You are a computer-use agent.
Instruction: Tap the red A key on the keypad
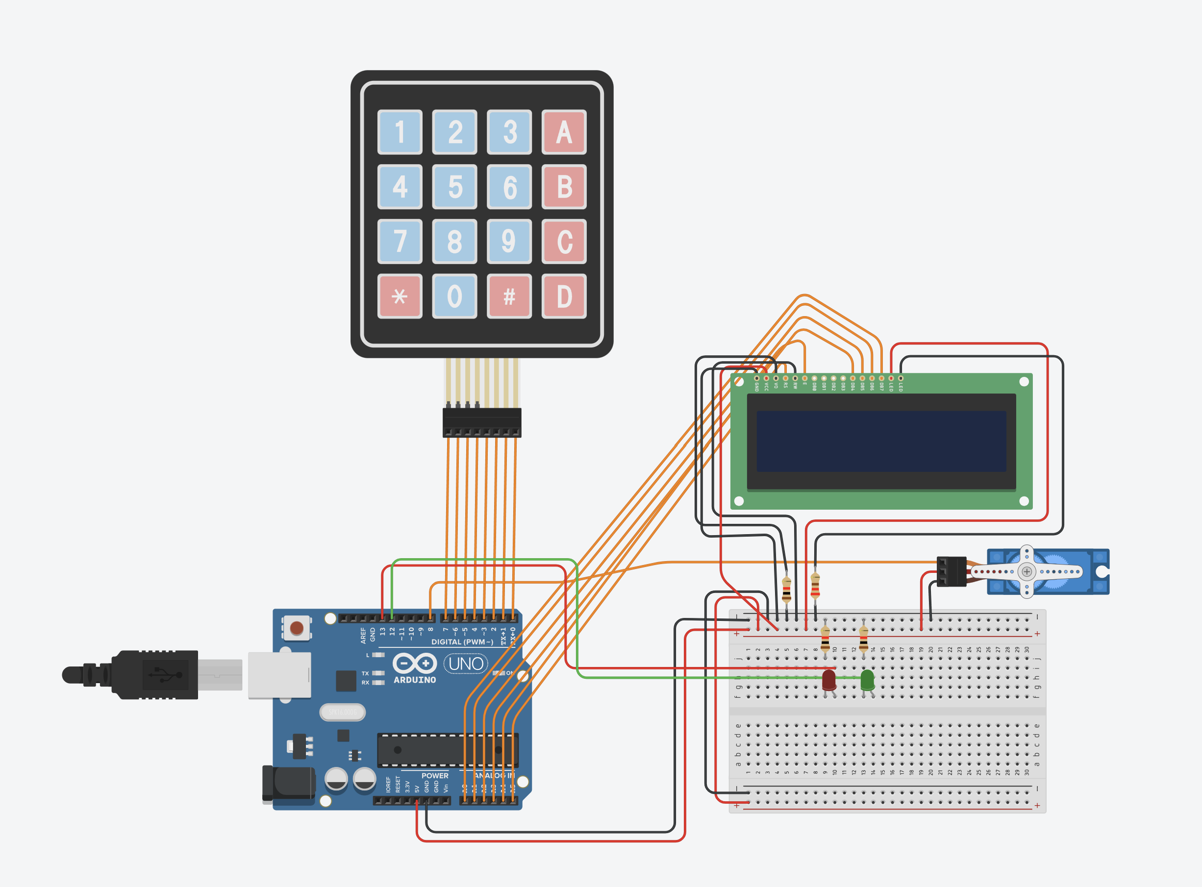(x=563, y=132)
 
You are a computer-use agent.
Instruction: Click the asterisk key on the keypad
(x=400, y=296)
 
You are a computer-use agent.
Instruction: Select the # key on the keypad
(x=509, y=296)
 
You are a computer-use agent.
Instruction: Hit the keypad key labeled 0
(x=454, y=296)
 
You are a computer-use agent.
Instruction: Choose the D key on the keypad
(x=563, y=296)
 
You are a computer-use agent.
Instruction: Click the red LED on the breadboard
(x=829, y=680)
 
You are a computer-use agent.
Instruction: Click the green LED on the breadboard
(x=867, y=680)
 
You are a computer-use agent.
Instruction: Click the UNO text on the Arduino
(x=466, y=664)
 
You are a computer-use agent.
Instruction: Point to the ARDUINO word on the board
(x=415, y=680)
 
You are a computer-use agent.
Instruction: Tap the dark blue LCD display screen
(x=881, y=442)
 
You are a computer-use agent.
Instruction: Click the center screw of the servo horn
(x=1027, y=571)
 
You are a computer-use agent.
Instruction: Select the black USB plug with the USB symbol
(x=156, y=674)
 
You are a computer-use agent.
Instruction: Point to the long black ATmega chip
(x=447, y=750)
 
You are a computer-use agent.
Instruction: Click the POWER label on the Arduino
(x=434, y=776)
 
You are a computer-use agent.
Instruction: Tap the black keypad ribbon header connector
(x=482, y=422)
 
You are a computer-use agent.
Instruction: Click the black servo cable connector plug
(x=951, y=571)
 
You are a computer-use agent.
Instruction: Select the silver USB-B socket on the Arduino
(x=279, y=675)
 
